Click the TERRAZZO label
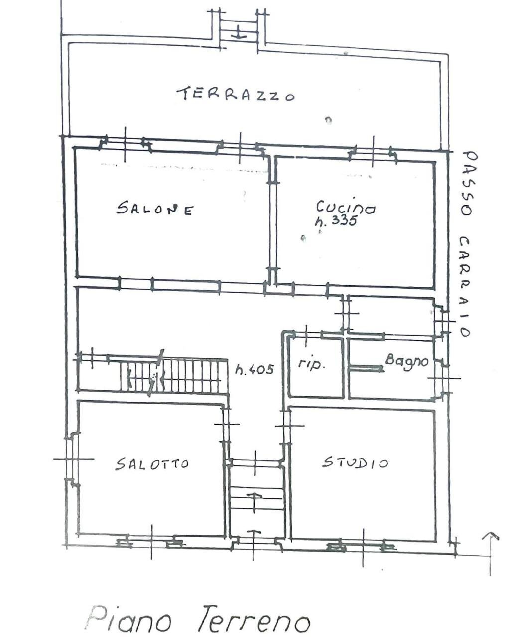(x=235, y=94)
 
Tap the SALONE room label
(x=154, y=209)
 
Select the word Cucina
(x=345, y=207)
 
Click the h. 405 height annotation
(x=254, y=369)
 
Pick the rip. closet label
(x=312, y=364)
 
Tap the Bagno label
(x=406, y=360)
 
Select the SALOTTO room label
(x=152, y=464)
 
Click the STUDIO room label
(x=355, y=463)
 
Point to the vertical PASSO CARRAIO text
(x=466, y=244)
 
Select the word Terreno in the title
(x=254, y=620)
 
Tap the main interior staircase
(x=169, y=376)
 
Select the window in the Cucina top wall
(x=373, y=152)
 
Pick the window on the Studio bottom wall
(x=362, y=546)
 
